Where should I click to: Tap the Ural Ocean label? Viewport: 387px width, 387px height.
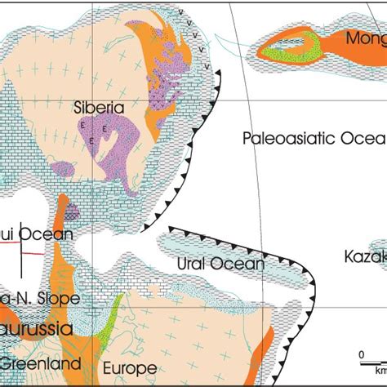[220, 264]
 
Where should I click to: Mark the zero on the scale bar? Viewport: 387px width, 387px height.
[360, 354]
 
